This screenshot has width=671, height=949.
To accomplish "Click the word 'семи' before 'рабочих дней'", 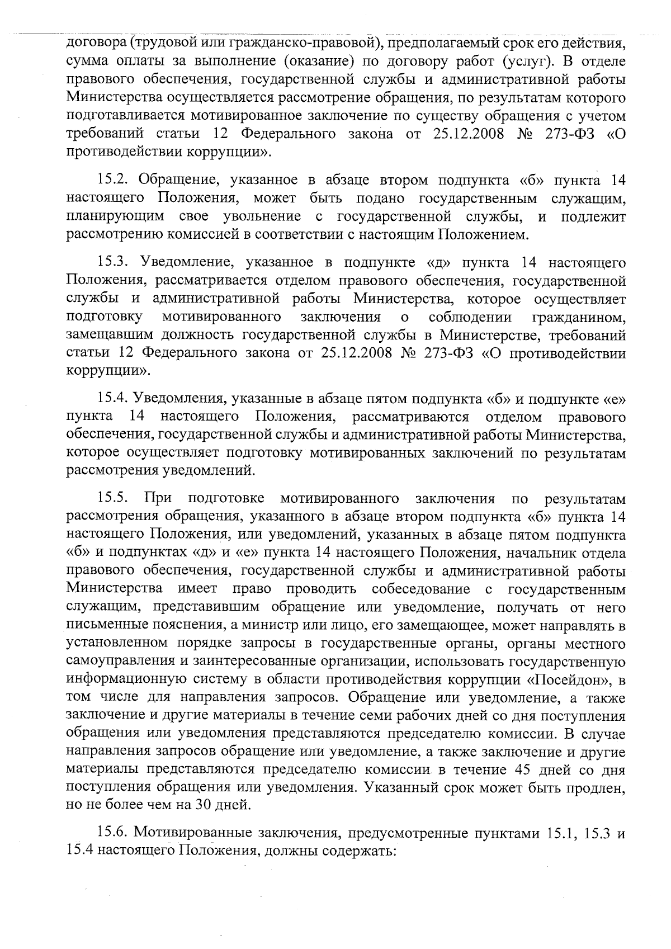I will [357, 716].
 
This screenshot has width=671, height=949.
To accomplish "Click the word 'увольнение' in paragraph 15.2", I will [262, 216].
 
